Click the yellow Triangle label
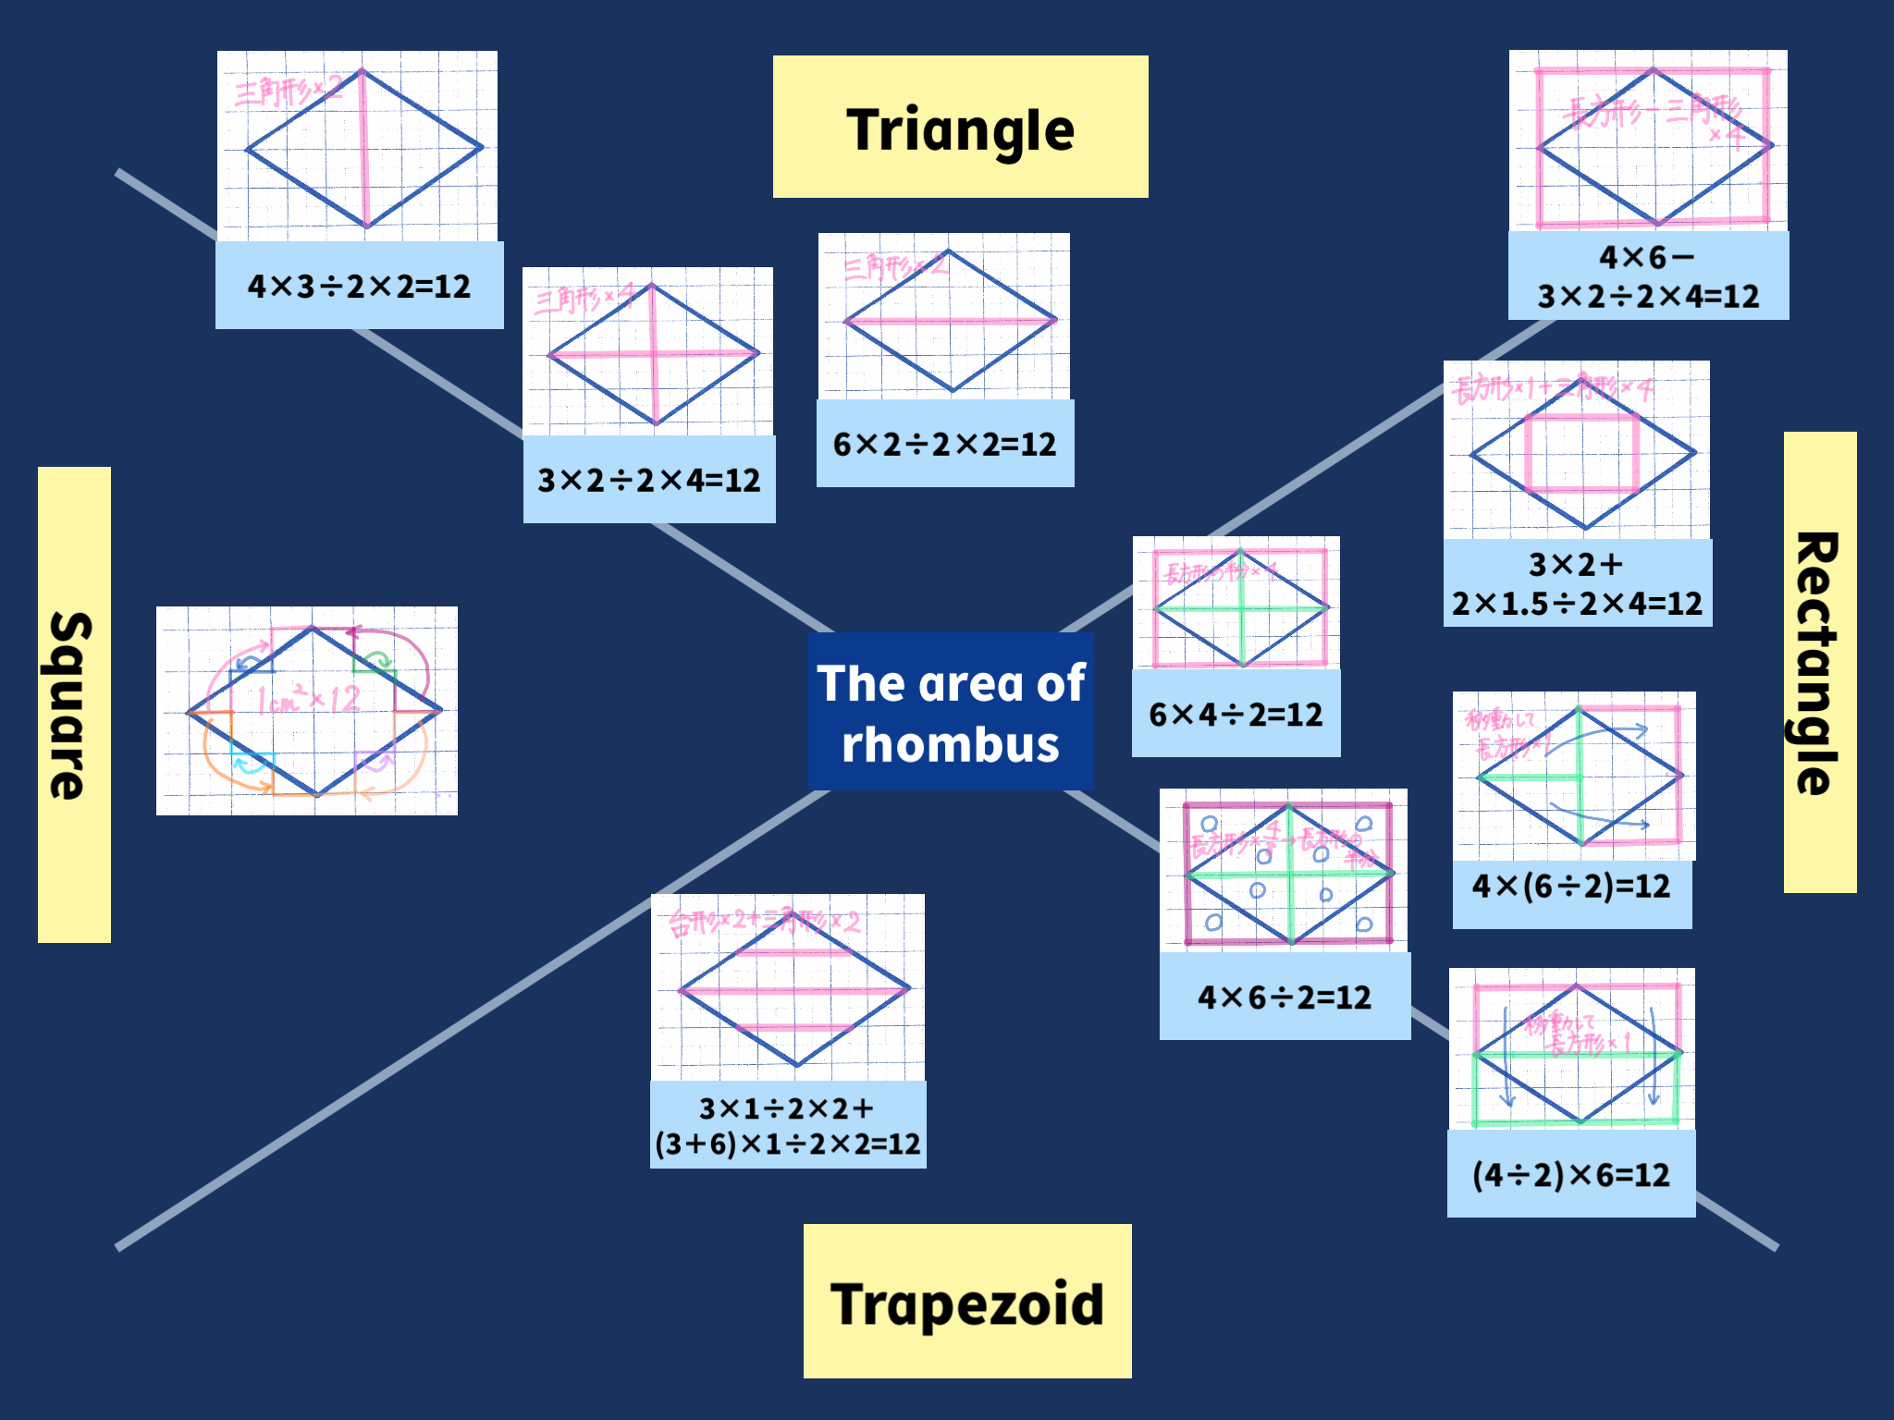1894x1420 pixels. point(960,128)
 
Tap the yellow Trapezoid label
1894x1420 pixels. point(966,1302)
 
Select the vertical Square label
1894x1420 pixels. point(74,704)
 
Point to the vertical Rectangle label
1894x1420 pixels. point(1819,662)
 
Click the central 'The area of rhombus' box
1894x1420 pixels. point(951,712)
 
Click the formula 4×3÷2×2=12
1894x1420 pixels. point(359,286)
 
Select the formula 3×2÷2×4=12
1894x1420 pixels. point(649,480)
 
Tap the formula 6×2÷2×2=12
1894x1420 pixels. point(944,444)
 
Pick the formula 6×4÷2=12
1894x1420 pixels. point(1236,714)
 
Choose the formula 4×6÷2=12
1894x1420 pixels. point(1285,997)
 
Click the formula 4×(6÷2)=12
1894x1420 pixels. point(1571,887)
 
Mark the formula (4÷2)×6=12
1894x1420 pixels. point(1571,1175)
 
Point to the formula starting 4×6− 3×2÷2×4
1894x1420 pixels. point(1648,276)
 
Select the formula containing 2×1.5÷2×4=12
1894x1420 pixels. point(1577,583)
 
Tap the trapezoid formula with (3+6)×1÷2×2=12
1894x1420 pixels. point(788,1125)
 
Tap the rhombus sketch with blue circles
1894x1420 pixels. point(1284,871)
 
